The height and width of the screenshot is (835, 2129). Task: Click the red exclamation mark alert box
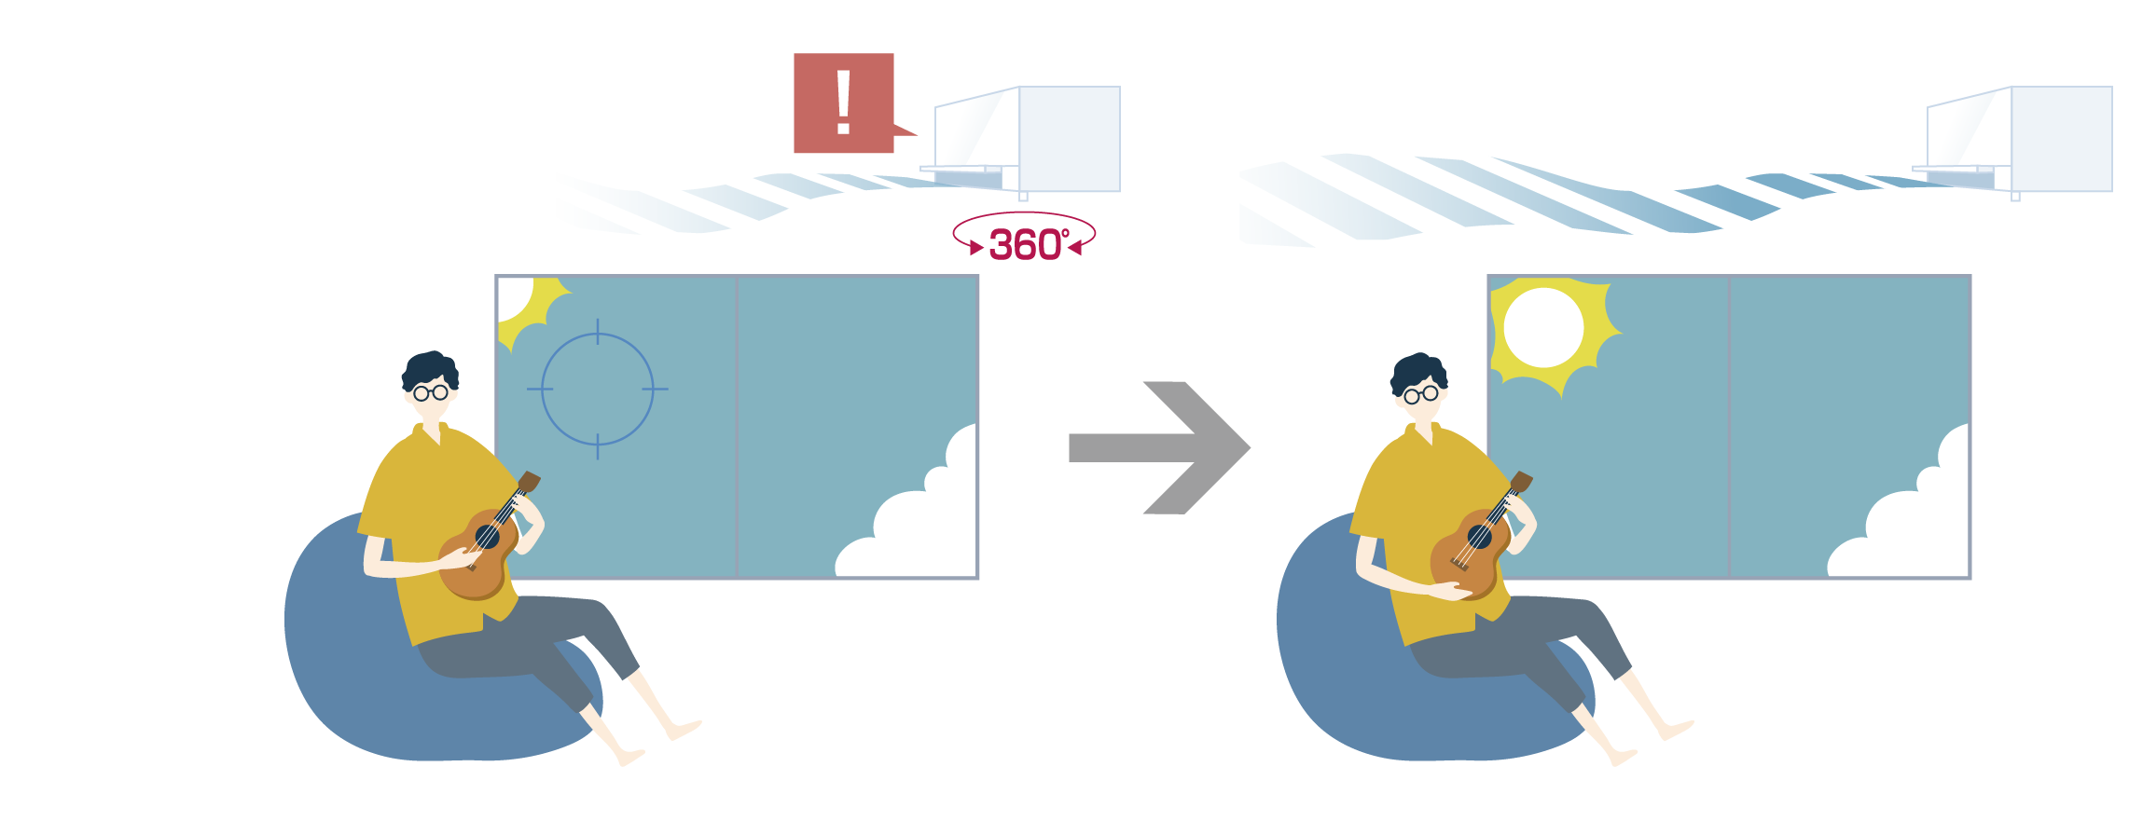(x=843, y=103)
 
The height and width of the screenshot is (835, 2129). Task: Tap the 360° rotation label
(x=1025, y=244)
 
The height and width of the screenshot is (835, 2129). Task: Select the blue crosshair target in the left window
(x=597, y=389)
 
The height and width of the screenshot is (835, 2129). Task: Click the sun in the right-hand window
(x=1545, y=329)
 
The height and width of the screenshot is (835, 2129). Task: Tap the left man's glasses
(x=431, y=392)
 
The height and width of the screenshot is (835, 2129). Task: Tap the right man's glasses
(x=1421, y=394)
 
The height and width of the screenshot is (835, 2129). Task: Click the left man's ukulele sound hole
(x=487, y=537)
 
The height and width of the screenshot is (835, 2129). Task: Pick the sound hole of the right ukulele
(x=1479, y=537)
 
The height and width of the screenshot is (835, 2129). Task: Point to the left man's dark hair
(x=429, y=368)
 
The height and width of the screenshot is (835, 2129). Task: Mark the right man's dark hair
(x=1418, y=370)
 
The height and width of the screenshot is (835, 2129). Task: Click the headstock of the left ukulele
(x=529, y=482)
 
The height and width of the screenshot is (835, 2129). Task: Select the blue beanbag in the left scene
(x=354, y=671)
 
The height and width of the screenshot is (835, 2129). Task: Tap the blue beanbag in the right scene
(x=1343, y=671)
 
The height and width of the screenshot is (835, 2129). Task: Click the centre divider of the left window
(x=737, y=427)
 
